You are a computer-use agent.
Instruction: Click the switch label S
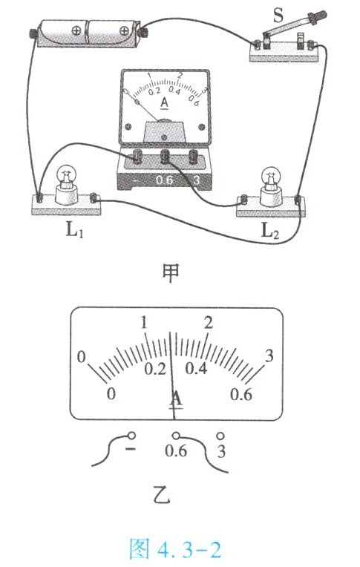pos(278,16)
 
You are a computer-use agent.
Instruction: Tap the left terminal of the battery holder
pos(33,34)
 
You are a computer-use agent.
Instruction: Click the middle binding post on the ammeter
pos(165,156)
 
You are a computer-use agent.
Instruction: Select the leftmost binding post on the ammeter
pos(137,156)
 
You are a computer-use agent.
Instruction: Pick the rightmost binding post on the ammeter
pos(194,156)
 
